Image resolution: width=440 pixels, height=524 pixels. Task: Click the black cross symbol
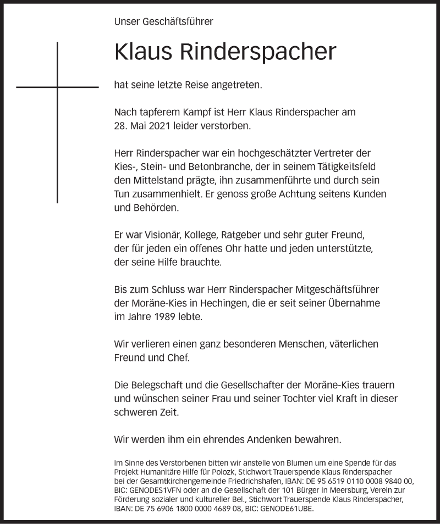57,87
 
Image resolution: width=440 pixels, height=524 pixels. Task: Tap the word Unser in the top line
126,22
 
